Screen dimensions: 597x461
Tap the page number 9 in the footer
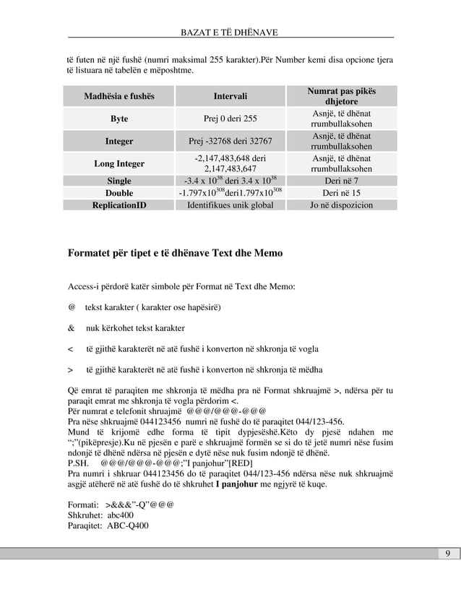point(448,554)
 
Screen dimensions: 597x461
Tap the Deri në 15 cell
point(342,193)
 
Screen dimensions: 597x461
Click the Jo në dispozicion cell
point(342,205)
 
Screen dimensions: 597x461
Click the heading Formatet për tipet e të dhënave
point(175,254)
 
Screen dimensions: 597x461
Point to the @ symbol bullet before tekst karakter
point(72,307)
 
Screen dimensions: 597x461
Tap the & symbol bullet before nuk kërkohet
point(72,328)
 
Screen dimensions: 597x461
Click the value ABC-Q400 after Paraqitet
point(128,525)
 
